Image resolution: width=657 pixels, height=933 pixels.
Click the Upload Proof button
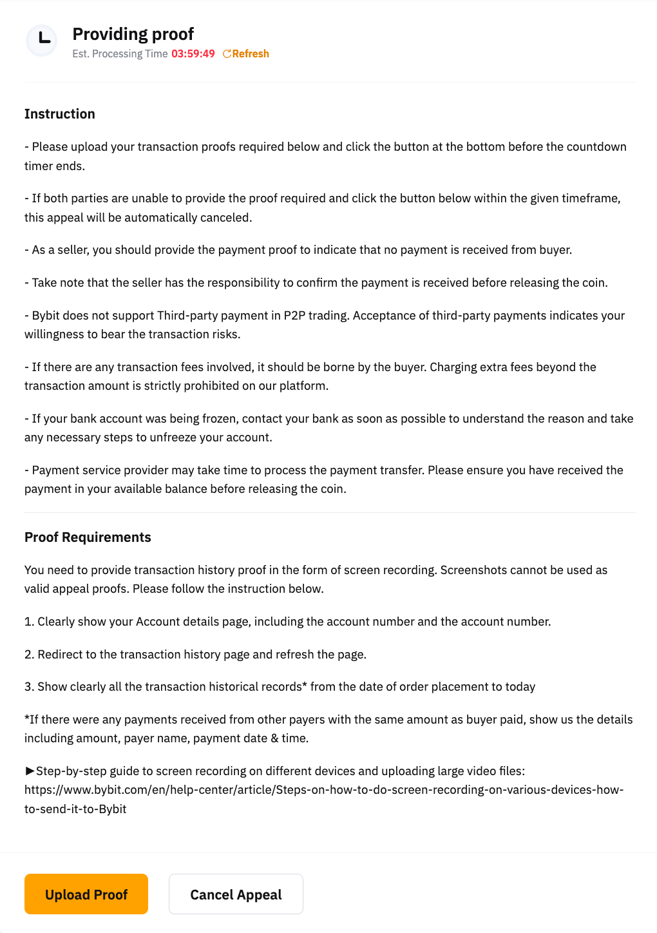pos(86,894)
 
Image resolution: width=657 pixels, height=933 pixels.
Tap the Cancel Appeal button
pos(236,894)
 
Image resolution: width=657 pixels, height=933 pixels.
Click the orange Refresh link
pos(247,54)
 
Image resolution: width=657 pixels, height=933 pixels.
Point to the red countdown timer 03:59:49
pos(193,54)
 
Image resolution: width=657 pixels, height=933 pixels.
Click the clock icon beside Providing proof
pos(42,40)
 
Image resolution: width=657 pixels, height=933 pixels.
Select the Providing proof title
pos(133,34)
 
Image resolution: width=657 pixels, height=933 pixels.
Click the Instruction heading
pos(60,114)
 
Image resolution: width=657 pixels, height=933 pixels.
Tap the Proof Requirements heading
pos(88,537)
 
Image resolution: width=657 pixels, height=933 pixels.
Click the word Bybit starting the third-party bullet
pos(46,316)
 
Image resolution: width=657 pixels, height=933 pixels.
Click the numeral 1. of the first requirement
pos(29,622)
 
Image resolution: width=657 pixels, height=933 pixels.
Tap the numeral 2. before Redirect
pos(30,655)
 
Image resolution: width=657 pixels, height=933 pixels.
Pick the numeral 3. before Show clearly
pos(30,687)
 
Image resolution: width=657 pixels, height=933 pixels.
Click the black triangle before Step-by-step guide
pos(30,771)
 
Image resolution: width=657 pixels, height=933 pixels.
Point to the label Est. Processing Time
pos(120,54)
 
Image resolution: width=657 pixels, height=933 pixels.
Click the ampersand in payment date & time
pos(274,738)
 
